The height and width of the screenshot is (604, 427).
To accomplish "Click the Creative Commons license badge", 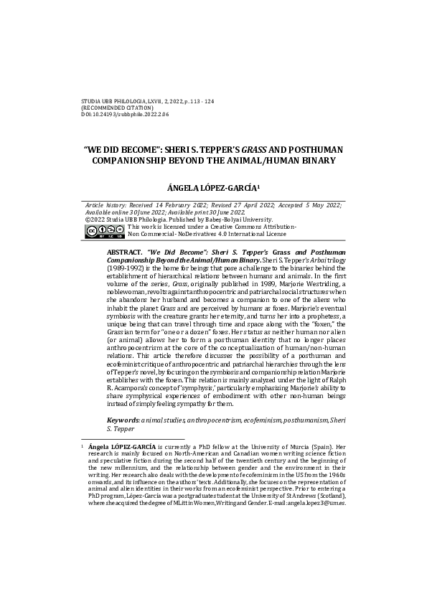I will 100,230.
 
